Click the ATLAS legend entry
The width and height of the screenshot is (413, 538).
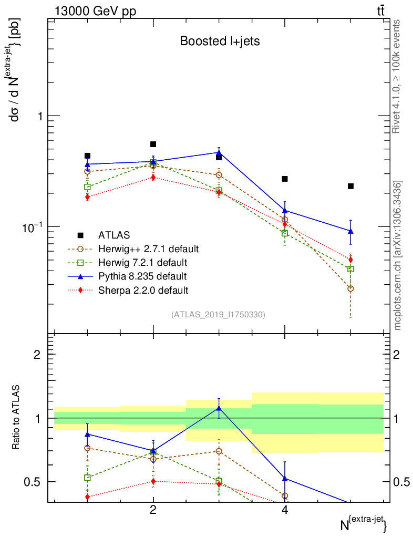[x=114, y=235]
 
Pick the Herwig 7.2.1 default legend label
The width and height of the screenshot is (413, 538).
[x=142, y=262]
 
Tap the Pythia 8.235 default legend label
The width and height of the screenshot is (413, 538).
[x=142, y=276]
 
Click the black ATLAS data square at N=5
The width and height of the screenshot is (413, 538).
[x=350, y=186]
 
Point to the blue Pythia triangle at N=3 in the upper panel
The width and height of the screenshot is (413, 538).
[x=219, y=152]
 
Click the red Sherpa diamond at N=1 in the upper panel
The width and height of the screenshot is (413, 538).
[x=87, y=197]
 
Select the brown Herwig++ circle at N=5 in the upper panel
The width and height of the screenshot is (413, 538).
[x=350, y=288]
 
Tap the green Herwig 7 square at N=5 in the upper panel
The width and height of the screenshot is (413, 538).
[x=350, y=269]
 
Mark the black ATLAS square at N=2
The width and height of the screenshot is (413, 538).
[x=153, y=144]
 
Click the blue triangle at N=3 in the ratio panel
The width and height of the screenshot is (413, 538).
[x=219, y=408]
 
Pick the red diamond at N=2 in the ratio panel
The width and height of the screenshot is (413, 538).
[x=153, y=481]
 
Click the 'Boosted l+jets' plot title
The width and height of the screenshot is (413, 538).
[x=220, y=41]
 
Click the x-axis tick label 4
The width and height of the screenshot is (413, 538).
[x=285, y=510]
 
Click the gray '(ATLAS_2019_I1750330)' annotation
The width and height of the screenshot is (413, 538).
[x=218, y=315]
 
